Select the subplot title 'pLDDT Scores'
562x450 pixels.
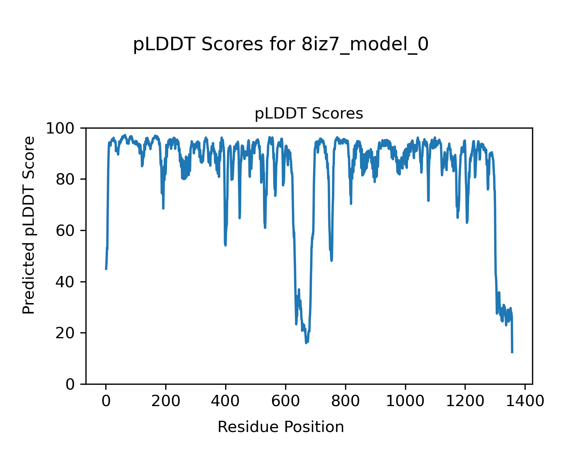click(309, 113)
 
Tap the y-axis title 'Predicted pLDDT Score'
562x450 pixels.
click(29, 225)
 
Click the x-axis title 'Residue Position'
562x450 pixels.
click(281, 427)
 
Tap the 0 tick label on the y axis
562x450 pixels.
click(71, 384)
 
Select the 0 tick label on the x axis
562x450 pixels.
click(106, 402)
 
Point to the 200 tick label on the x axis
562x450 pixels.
click(166, 402)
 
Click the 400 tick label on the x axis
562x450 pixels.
click(226, 402)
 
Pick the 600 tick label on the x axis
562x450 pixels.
click(285, 402)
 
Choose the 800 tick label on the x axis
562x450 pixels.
click(345, 402)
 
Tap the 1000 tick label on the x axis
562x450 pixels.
click(405, 402)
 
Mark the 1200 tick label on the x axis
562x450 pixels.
click(465, 402)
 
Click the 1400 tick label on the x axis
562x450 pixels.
click(525, 402)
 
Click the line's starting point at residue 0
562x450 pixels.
click(106, 269)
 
